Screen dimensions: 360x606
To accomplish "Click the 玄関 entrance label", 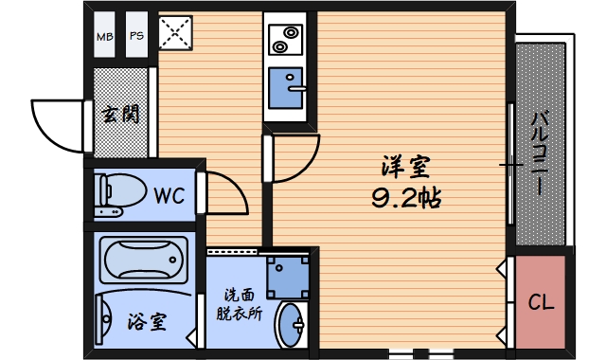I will (x=120, y=116).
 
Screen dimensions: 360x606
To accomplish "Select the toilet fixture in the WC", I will (x=116, y=193).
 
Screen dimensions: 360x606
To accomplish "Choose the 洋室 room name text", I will (x=405, y=169).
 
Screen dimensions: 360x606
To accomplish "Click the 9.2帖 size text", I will (x=405, y=198).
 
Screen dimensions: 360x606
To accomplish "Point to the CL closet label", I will (x=541, y=303).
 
